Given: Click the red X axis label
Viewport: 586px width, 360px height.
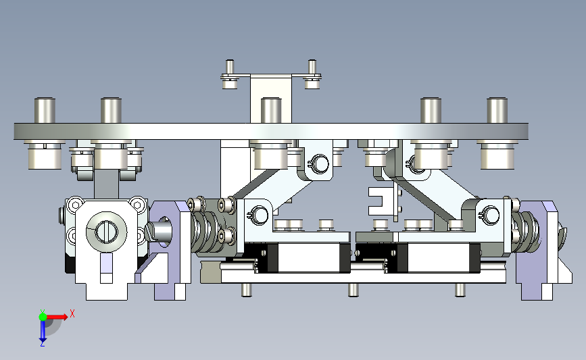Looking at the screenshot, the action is (x=72, y=313).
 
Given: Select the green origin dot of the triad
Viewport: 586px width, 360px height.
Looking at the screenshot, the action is (x=43, y=317).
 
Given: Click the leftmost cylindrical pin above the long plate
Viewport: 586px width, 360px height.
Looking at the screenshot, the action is (x=45, y=111).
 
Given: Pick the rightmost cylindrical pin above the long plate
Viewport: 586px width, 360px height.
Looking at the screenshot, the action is (x=497, y=111).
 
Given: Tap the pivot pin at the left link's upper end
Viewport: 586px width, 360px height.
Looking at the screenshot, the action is (x=320, y=163).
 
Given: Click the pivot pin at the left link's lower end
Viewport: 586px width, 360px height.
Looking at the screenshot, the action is (x=259, y=215).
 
